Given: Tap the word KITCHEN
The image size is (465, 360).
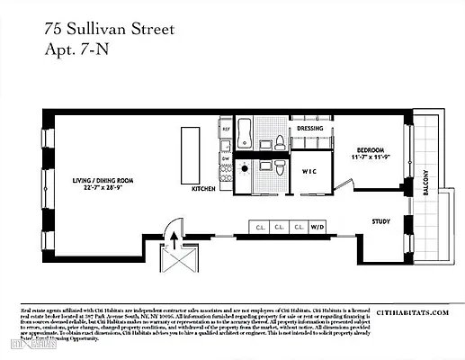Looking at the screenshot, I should click(204, 191).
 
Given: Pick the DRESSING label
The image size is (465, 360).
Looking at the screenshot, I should click(309, 129).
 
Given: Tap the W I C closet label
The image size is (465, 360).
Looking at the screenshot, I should click(308, 171).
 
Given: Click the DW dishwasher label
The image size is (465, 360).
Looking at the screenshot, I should click(225, 148).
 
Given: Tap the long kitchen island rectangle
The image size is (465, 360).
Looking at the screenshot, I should click(191, 156).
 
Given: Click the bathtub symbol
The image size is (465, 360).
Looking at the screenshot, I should click(246, 128).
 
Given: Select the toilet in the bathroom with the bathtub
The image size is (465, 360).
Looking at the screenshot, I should click(280, 141).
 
